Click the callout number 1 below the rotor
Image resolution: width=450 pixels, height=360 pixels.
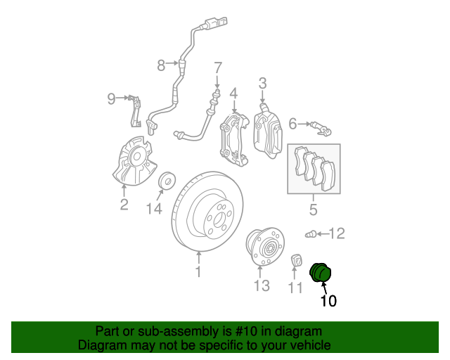tap(198, 271)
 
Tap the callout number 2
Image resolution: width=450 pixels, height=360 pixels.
tap(124, 205)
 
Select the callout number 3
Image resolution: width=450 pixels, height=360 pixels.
tap(262, 84)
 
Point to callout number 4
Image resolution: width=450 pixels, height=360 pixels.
tap(233, 94)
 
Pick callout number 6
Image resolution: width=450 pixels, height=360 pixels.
tap(293, 124)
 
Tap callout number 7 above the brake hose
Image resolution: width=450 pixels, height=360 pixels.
tap(218, 68)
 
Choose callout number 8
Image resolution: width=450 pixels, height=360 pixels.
tap(161, 65)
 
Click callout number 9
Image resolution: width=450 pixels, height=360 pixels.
tap(111, 99)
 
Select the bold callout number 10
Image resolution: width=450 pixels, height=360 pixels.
tap(328, 302)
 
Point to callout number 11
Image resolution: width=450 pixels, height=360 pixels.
tap(296, 287)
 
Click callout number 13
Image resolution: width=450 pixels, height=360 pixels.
tap(262, 285)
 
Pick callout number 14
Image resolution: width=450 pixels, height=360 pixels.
tap(154, 208)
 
